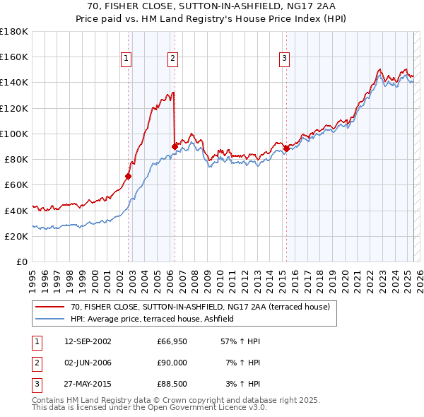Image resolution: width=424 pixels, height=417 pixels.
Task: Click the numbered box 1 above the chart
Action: (x=126, y=59)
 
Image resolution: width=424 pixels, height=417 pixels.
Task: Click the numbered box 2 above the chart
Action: (x=172, y=59)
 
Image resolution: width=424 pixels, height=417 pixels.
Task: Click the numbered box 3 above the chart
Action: (x=284, y=59)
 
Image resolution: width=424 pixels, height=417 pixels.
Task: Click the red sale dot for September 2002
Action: (x=129, y=177)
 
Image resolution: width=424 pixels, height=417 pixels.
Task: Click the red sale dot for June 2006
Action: (x=175, y=146)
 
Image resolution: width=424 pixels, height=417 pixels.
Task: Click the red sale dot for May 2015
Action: (x=286, y=148)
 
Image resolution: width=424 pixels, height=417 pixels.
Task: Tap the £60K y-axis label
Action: (x=16, y=184)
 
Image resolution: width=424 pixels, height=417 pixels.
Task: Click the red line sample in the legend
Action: (x=49, y=307)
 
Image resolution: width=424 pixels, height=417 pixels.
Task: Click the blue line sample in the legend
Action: (x=49, y=319)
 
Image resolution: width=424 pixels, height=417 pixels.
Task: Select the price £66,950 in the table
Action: (x=172, y=341)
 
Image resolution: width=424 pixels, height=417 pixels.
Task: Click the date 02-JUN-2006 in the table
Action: (x=88, y=363)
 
